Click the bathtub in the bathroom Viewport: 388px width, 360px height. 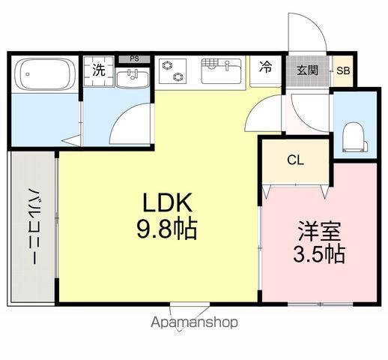[x=44, y=75]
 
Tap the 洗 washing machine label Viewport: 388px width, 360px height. [x=98, y=71]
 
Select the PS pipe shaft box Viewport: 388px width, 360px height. [x=134, y=58]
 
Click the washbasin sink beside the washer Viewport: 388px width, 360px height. [x=135, y=75]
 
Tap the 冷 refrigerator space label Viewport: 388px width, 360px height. [x=266, y=67]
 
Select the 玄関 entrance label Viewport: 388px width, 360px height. [x=307, y=71]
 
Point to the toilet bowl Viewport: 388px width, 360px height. [x=352, y=136]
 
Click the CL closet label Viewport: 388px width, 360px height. [x=294, y=160]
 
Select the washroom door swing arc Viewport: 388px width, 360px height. [x=127, y=120]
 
